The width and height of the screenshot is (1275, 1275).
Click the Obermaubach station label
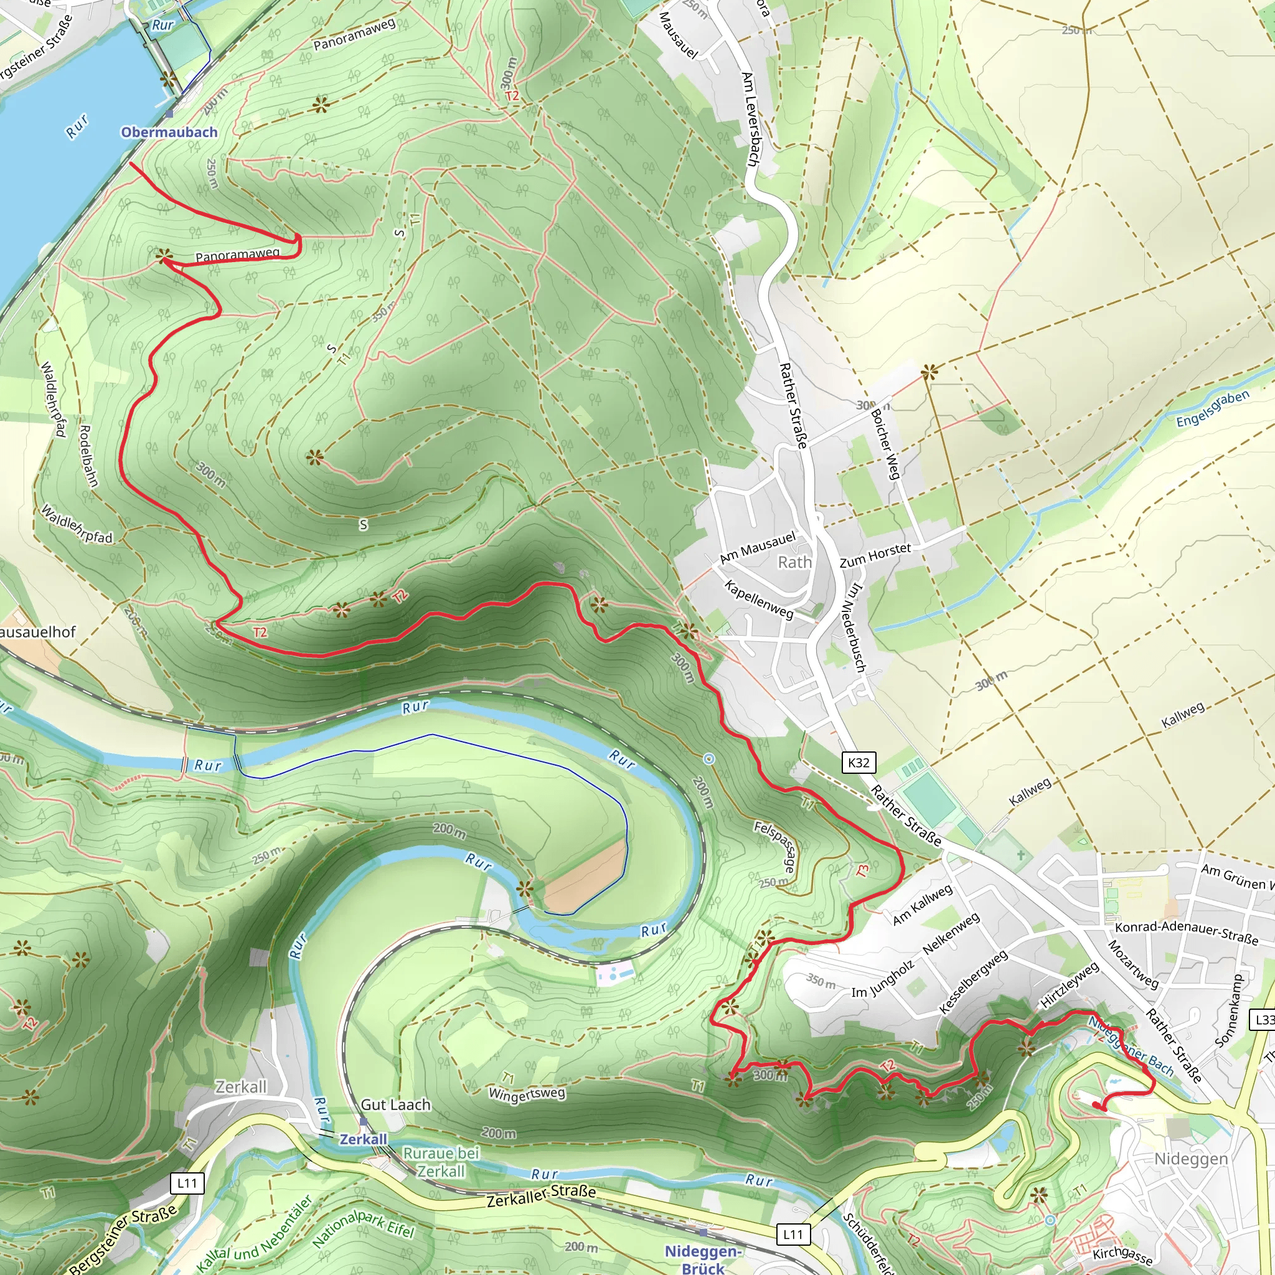169,132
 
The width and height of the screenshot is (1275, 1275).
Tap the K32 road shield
859,763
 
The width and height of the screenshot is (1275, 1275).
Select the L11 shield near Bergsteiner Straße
187,1183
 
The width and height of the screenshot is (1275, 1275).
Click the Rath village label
794,562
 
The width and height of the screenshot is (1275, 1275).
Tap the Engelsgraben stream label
1212,408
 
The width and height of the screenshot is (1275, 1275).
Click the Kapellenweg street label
759,600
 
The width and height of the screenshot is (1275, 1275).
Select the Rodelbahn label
88,456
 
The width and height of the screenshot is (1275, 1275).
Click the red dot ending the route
1096,1105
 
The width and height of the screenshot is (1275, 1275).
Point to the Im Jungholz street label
882,979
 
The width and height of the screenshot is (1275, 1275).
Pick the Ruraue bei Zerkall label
441,1162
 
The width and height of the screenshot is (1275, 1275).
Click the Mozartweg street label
1132,964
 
